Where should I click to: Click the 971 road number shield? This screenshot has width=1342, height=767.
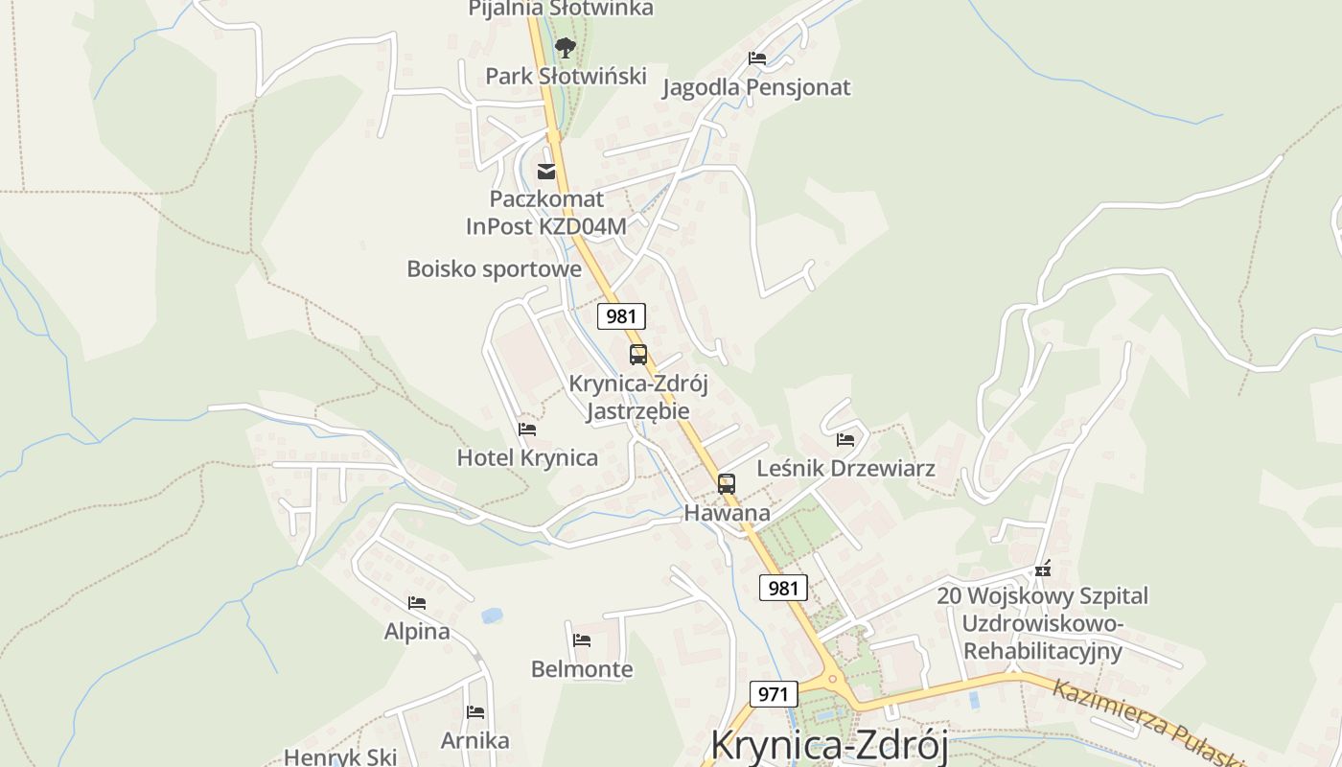[773, 694]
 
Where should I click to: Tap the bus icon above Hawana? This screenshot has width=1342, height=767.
[727, 484]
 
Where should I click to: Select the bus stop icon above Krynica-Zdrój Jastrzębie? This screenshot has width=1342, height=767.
[638, 355]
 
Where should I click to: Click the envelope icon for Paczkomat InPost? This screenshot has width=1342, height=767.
[546, 172]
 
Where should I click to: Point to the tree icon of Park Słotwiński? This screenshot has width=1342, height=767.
[566, 46]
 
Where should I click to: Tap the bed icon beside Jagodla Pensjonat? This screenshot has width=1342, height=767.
[757, 58]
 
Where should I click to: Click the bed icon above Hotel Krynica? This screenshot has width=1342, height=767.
[527, 429]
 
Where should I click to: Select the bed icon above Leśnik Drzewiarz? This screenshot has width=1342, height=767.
[845, 439]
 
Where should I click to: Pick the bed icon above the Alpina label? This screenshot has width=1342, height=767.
[417, 603]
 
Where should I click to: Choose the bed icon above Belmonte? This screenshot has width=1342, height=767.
[582, 639]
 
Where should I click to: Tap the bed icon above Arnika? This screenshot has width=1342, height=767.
[474, 712]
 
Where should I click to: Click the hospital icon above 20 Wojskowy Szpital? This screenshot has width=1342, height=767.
[1043, 569]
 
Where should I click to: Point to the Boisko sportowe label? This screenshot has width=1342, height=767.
[494, 269]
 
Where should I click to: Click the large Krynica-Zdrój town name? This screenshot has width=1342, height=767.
[829, 746]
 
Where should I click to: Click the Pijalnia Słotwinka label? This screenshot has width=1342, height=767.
[561, 9]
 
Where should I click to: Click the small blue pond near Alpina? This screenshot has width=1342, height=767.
[492, 616]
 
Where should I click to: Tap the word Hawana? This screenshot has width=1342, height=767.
[727, 513]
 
